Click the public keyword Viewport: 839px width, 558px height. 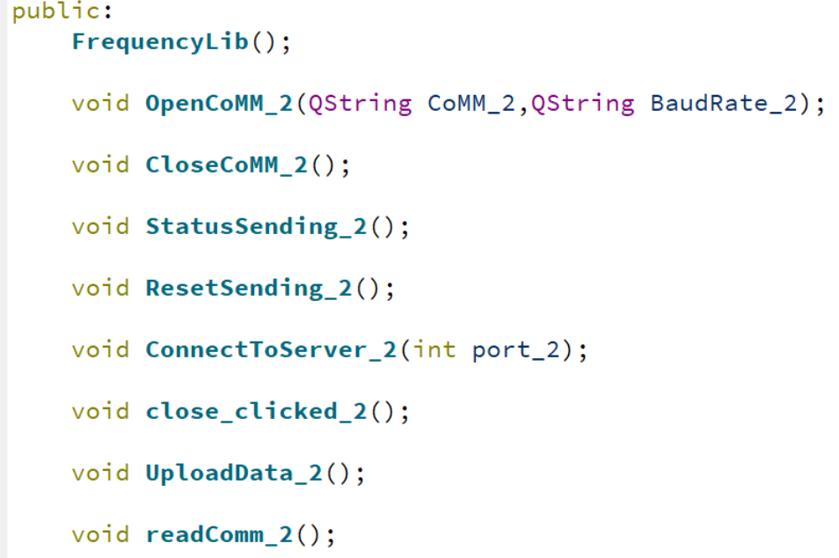click(54, 12)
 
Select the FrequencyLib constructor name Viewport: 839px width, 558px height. click(161, 41)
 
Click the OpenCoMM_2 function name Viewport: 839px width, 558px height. click(219, 103)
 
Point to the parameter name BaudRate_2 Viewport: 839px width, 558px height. click(723, 103)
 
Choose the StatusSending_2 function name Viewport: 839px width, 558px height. click(256, 226)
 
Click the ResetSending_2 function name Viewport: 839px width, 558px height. click(248, 288)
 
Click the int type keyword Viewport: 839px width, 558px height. click(434, 349)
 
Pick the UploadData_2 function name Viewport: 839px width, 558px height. click(234, 473)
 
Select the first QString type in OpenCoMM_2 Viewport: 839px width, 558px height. click(360, 103)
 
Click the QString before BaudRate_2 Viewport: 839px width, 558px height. click(582, 103)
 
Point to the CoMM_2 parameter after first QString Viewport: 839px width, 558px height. click(471, 103)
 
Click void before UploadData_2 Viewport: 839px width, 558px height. click(100, 473)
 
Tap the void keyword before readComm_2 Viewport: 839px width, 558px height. click(100, 534)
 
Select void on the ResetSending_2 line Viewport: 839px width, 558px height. click(100, 288)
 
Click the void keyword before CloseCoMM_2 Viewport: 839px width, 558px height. click(100, 165)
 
